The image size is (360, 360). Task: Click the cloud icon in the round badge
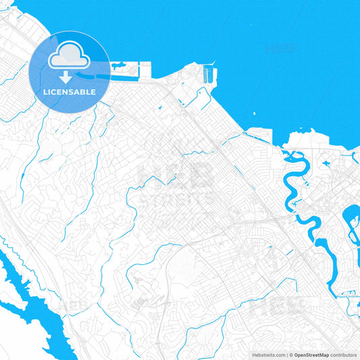tap(70, 54)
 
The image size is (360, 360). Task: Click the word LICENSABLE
tap(70, 91)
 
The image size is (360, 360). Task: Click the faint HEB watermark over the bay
tap(281, 49)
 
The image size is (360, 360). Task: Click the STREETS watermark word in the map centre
tap(174, 200)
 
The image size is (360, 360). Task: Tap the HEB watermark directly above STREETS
tap(174, 176)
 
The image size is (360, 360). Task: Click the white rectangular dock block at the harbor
tap(145, 70)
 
